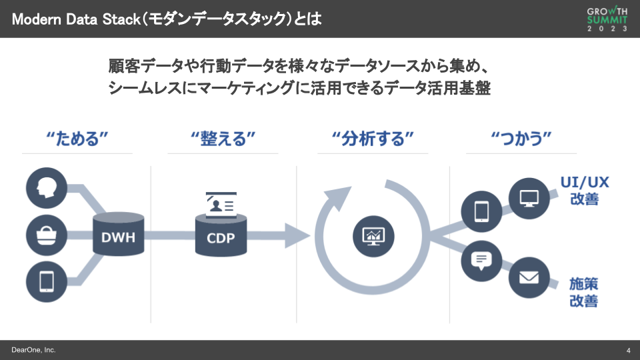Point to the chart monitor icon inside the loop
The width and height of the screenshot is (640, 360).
373,235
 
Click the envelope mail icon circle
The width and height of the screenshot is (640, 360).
529,277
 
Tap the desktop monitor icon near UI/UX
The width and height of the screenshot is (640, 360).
529,197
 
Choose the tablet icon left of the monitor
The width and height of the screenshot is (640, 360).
481,211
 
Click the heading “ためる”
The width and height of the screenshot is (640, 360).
77,139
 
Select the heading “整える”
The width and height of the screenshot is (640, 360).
223,139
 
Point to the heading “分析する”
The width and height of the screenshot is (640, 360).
373,139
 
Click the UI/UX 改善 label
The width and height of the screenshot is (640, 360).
584,190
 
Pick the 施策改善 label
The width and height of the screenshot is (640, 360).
584,292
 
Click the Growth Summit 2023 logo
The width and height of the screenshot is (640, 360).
607,19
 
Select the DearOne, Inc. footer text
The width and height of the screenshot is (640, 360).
33,350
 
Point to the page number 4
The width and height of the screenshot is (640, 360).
629,351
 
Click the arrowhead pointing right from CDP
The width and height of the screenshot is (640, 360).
297,235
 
